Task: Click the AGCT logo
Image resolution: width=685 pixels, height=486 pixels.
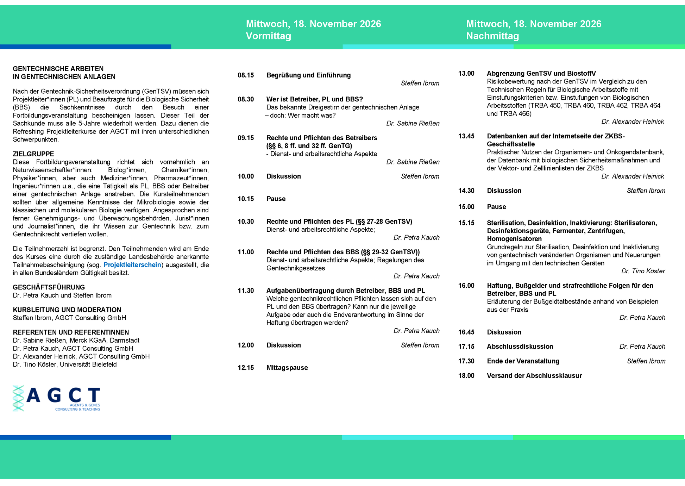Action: coord(56,398)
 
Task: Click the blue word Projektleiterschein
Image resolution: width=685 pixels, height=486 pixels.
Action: coord(132,265)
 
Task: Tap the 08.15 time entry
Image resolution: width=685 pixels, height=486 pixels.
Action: coord(246,75)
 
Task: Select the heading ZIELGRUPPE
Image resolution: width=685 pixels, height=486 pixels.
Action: coord(33,154)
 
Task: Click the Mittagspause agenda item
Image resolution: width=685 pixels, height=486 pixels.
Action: coord(287,368)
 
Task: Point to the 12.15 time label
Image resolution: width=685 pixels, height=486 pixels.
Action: coord(246,368)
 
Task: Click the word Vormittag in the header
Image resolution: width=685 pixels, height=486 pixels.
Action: coord(268,36)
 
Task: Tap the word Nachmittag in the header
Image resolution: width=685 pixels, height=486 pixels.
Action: coord(492,36)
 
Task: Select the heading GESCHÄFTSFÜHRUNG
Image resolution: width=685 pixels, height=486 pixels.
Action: coord(49,287)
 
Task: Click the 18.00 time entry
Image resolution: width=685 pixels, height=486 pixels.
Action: coord(466,376)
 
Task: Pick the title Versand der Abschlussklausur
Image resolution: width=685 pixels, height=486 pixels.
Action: coord(534,376)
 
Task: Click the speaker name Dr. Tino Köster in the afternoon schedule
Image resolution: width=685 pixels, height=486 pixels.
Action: coord(643,271)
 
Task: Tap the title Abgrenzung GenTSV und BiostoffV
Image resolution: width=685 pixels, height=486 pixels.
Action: coord(541,74)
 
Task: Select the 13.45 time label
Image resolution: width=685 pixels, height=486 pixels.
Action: coord(466,136)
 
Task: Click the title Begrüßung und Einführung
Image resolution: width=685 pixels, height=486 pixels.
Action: coord(308,75)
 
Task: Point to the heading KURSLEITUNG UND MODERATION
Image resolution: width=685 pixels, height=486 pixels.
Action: coord(67,310)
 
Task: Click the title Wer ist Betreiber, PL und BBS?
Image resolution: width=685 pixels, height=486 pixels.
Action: coord(314,99)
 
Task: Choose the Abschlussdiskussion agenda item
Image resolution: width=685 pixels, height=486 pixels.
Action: coord(520,347)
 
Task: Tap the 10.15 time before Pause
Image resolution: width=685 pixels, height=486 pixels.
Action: coord(246,199)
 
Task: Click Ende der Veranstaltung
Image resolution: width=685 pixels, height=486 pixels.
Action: coord(523,361)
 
